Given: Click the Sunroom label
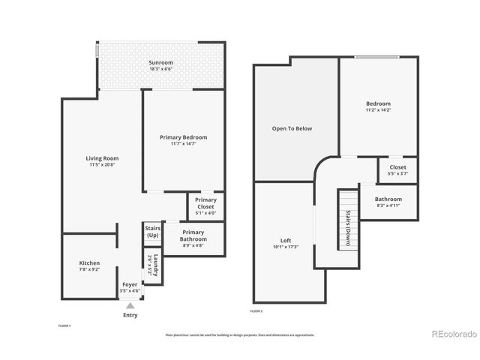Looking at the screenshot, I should pos(161,61).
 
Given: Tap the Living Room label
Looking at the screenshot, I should pos(101,158).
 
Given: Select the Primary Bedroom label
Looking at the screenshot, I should pos(183,137).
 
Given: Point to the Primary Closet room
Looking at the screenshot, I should pos(205,206).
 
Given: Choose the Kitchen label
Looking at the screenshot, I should pos(89,263).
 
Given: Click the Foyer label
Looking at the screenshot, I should pos(130,285).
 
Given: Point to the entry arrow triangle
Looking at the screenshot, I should pos(130,305).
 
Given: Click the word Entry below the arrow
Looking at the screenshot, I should pos(130,315).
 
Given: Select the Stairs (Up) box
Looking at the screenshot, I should pos(152,232).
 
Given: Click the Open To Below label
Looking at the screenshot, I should pos(292,128).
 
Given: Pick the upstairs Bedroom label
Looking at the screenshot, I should pos(378,103).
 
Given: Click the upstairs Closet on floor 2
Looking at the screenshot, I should pos(397,168).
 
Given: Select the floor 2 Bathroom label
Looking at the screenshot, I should pos(388,199).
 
